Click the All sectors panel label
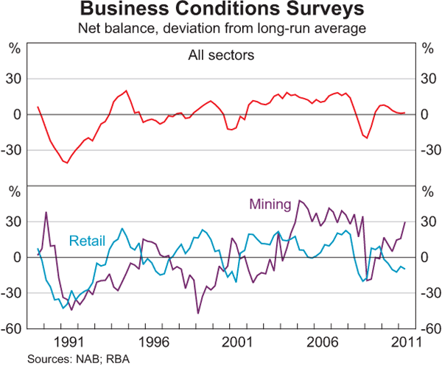(x=220, y=54)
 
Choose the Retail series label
(x=88, y=240)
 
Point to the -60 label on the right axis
(x=428, y=328)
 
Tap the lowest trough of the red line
(x=67, y=163)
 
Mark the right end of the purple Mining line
(x=405, y=222)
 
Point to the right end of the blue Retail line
(x=405, y=269)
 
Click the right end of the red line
(x=405, y=113)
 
